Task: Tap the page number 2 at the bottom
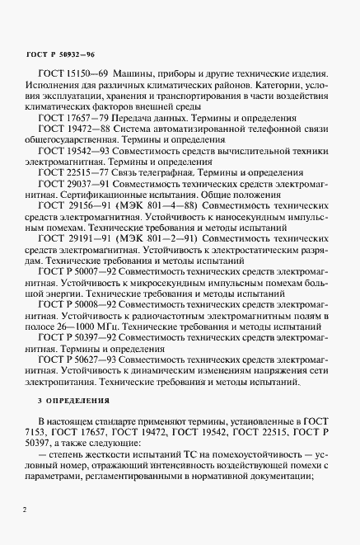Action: click(26, 510)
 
